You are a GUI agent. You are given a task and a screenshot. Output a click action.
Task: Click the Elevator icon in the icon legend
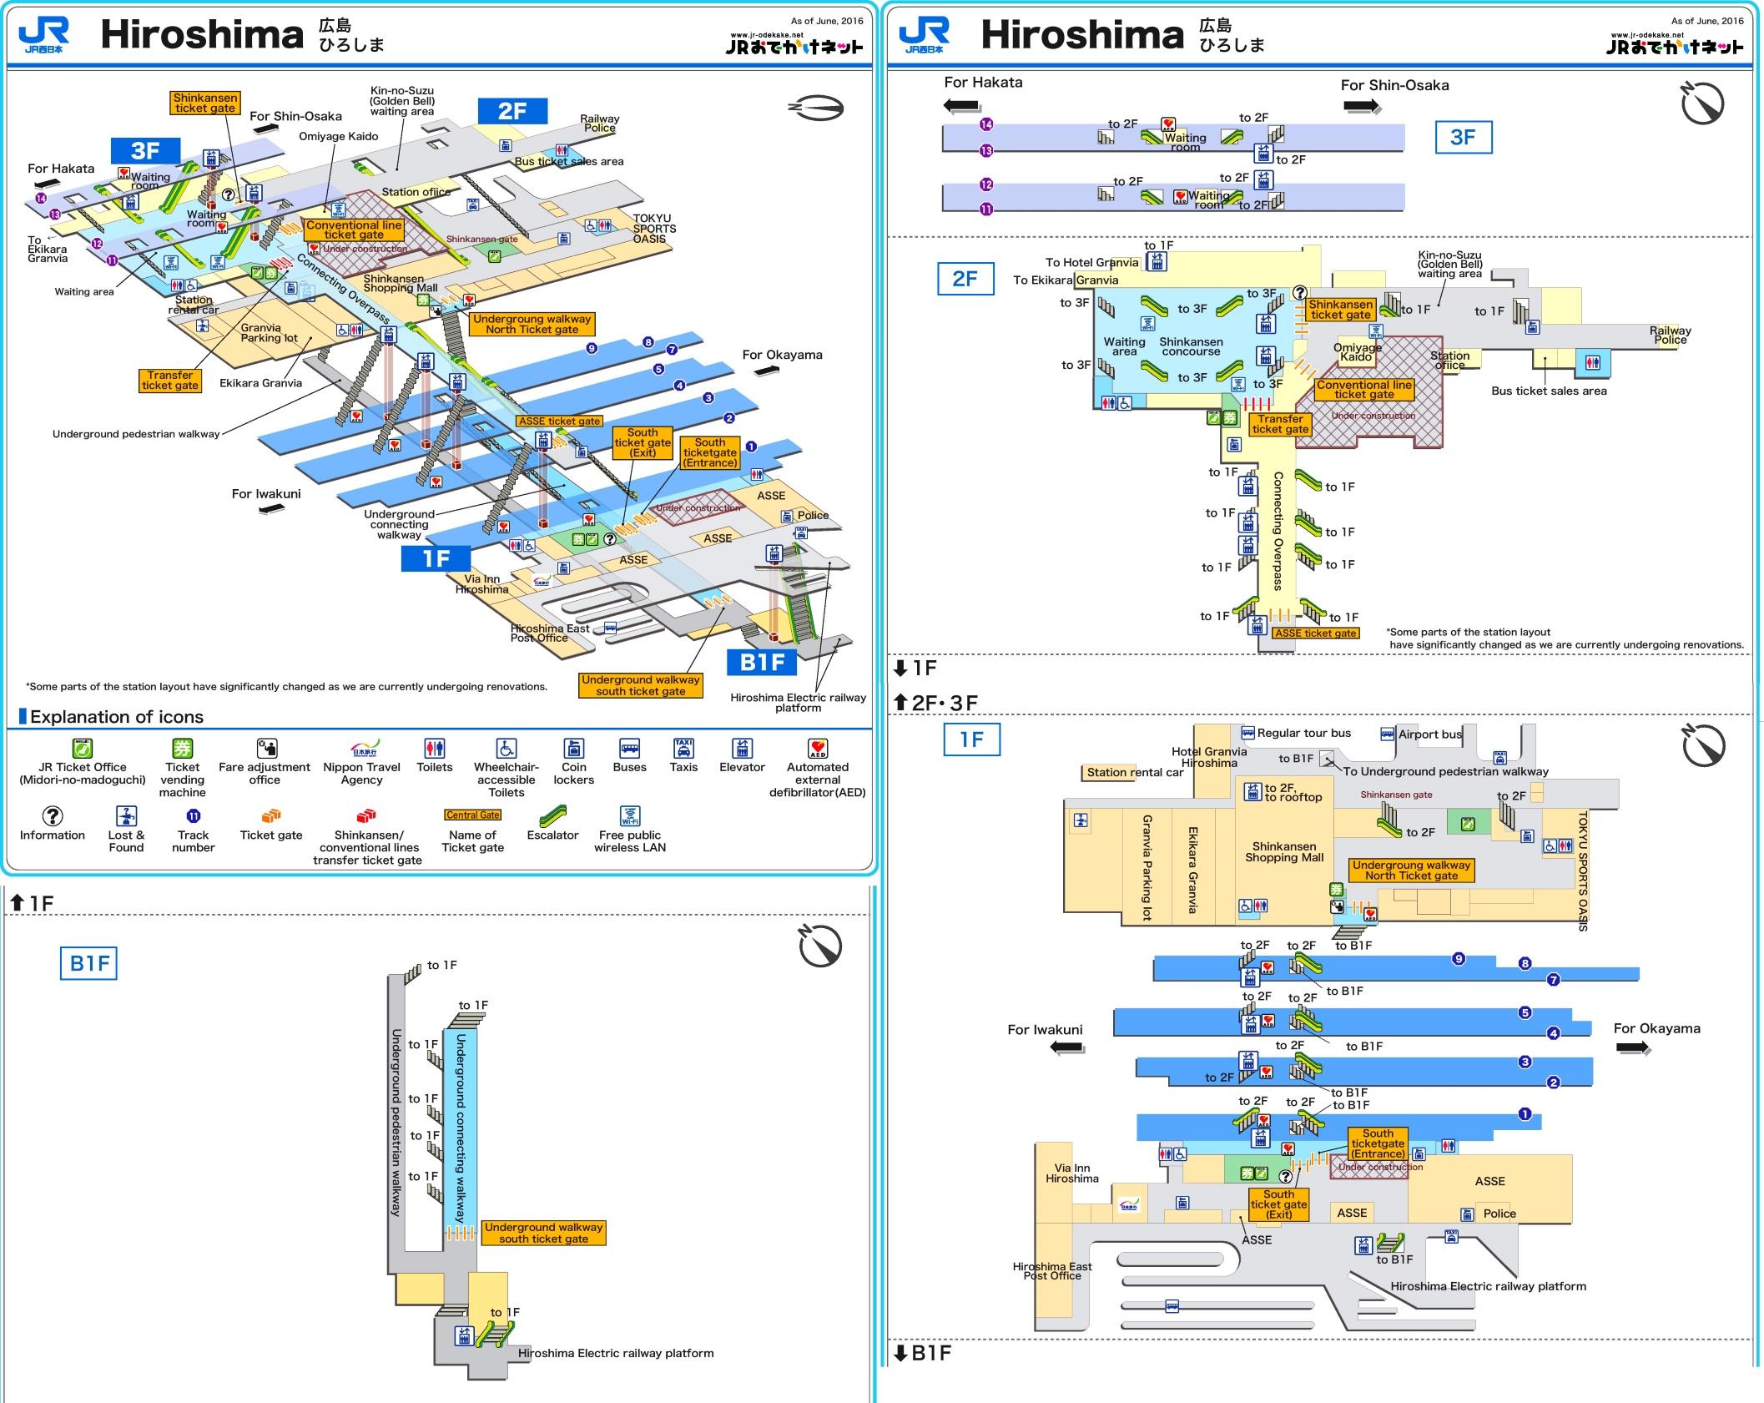[x=742, y=748]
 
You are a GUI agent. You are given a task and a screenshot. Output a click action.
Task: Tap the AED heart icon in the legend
[x=818, y=748]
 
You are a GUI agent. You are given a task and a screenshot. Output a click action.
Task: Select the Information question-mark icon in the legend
[x=52, y=815]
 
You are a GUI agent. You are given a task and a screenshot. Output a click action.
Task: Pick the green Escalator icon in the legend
[x=552, y=815]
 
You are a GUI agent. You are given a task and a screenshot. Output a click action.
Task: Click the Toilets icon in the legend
[x=434, y=748]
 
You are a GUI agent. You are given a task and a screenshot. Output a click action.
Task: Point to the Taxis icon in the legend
[x=683, y=748]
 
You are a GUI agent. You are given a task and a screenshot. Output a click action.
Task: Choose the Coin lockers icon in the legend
[x=573, y=748]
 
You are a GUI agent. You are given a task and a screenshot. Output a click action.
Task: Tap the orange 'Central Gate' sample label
[x=472, y=815]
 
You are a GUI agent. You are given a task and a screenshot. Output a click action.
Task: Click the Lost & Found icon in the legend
[x=126, y=815]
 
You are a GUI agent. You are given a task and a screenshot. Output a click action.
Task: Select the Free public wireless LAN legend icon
[x=630, y=815]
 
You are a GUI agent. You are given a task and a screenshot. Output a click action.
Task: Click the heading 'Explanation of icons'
[x=116, y=717]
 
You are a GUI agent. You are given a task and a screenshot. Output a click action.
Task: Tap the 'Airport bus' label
[x=1429, y=734]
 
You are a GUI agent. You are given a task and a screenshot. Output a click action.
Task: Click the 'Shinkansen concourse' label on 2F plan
[x=1191, y=346]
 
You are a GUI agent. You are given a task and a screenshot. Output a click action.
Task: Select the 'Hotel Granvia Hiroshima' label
[x=1209, y=757]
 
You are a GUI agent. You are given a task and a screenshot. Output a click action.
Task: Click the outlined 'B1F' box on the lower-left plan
[x=88, y=964]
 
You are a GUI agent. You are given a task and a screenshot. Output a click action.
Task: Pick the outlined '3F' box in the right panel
[x=1463, y=138]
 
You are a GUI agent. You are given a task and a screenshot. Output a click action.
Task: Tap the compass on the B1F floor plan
[x=820, y=946]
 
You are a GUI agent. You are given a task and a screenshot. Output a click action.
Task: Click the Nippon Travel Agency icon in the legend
[x=362, y=748]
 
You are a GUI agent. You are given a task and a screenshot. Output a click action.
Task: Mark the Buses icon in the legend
[x=629, y=748]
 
